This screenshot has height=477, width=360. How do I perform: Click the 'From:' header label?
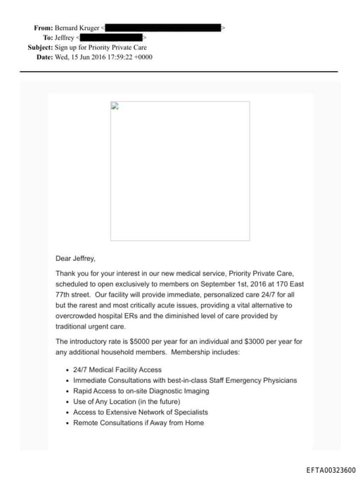43,27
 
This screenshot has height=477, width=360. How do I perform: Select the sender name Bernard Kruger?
78,27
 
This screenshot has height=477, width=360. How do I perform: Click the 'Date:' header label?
44,57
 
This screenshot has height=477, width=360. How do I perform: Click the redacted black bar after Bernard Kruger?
163,27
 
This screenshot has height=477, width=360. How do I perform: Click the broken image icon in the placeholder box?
115,107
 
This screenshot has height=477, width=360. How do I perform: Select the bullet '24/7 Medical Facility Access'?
117,369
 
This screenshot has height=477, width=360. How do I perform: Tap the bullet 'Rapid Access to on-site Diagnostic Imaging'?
141,390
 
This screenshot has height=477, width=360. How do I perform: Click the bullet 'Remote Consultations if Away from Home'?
139,423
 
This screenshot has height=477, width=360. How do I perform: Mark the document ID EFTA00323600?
330,470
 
